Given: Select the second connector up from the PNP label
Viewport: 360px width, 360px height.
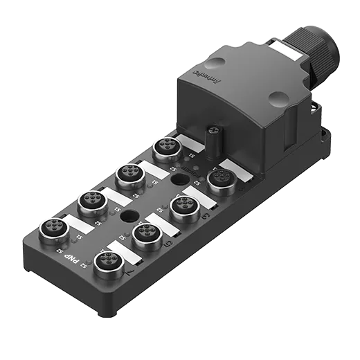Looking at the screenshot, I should pos(92,201).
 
